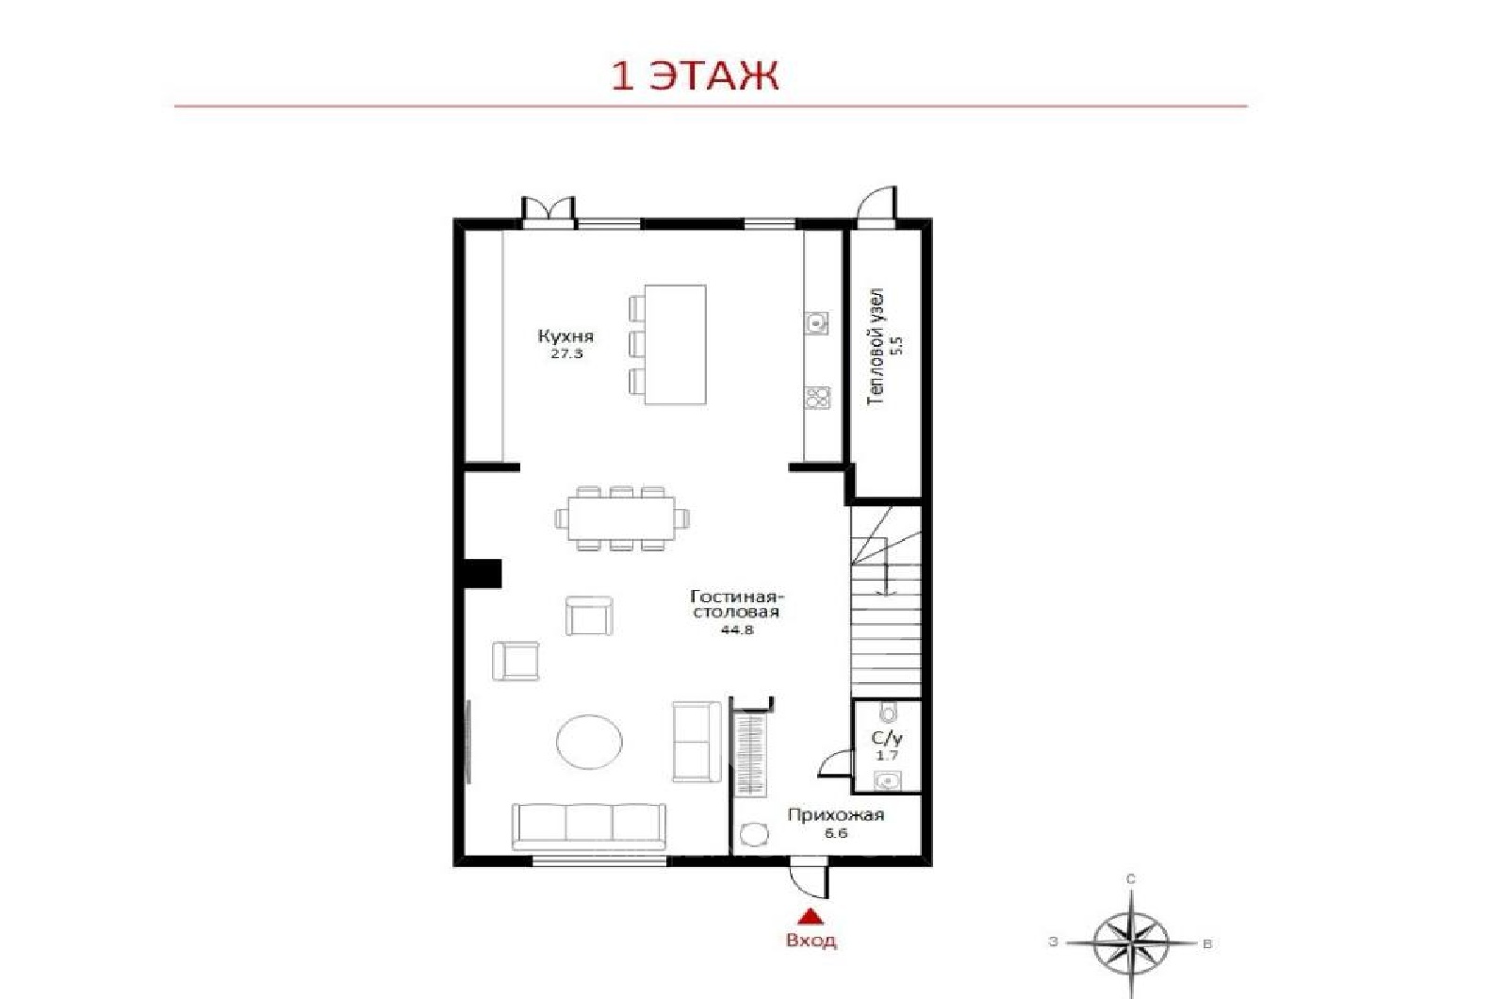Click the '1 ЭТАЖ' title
point(694,76)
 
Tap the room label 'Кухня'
point(565,336)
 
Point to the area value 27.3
point(566,354)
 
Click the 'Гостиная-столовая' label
point(736,604)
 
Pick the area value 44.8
point(736,631)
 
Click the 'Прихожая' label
point(835,816)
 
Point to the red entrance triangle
point(811,916)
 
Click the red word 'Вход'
point(811,941)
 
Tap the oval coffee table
point(589,741)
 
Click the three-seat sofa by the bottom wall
point(589,827)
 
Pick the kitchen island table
point(675,344)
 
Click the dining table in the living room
point(621,518)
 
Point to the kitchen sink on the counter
point(817,323)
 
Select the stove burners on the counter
point(817,398)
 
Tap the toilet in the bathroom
point(889,712)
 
